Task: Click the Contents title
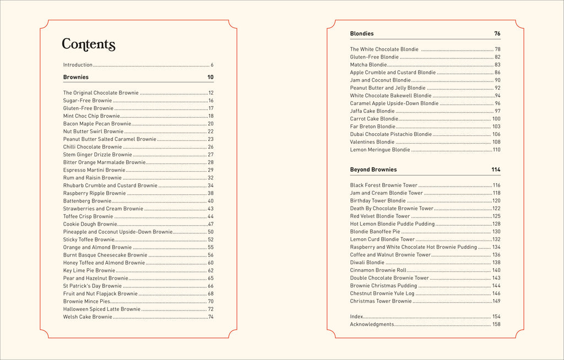[x=88, y=45]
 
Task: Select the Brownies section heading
[x=76, y=77]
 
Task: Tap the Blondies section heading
[x=362, y=34]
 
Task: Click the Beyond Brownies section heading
[x=373, y=170]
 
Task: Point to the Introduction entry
[x=78, y=65]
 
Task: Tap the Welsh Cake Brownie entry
[x=88, y=317]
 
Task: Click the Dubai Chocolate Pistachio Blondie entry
[x=391, y=134]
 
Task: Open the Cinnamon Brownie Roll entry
[x=378, y=270]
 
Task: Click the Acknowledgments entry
[x=372, y=324]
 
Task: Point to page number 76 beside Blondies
[x=497, y=34]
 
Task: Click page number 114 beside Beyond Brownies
[x=496, y=170]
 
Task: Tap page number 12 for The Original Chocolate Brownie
[x=211, y=93]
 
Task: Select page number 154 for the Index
[x=496, y=317]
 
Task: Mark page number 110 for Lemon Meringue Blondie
[x=496, y=150]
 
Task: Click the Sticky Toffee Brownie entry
[x=89, y=239]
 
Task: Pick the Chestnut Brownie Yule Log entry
[x=382, y=293]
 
